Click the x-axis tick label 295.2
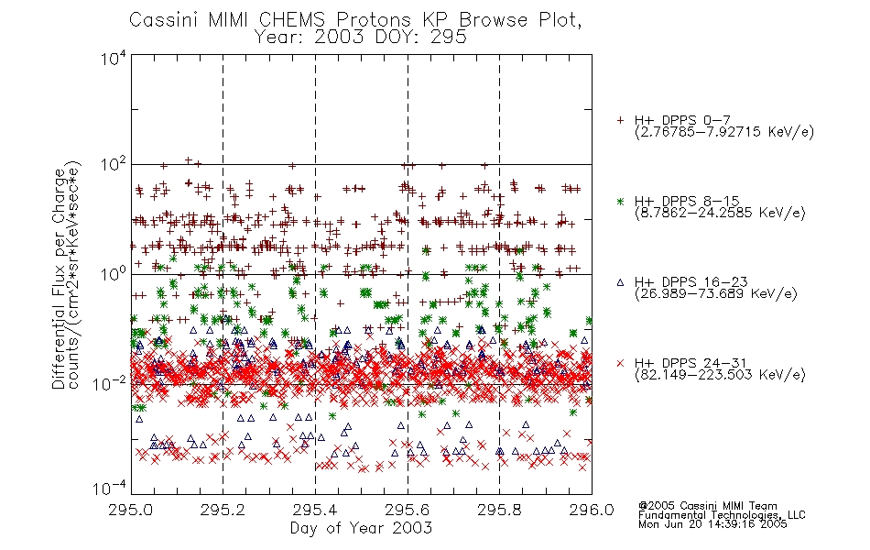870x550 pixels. [x=223, y=510]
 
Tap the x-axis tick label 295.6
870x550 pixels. [x=408, y=510]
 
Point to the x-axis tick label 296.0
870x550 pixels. [x=592, y=510]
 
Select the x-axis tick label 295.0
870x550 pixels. [x=131, y=510]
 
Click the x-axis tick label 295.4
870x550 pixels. [x=315, y=510]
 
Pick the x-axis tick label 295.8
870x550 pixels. [x=499, y=510]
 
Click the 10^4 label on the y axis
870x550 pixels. [x=114, y=58]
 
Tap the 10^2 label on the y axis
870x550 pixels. [x=114, y=165]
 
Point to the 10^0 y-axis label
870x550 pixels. [x=114, y=274]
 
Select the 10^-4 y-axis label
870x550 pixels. [x=109, y=489]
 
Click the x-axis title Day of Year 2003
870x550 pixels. [x=361, y=528]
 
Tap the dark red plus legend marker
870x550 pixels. [x=620, y=120]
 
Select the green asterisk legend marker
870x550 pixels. [x=620, y=201]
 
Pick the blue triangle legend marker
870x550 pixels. [x=620, y=282]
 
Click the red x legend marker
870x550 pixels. [x=620, y=363]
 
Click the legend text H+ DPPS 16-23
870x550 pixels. [x=691, y=282]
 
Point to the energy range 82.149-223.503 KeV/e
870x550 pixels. [x=720, y=375]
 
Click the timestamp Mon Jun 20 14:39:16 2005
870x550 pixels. [x=712, y=524]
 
